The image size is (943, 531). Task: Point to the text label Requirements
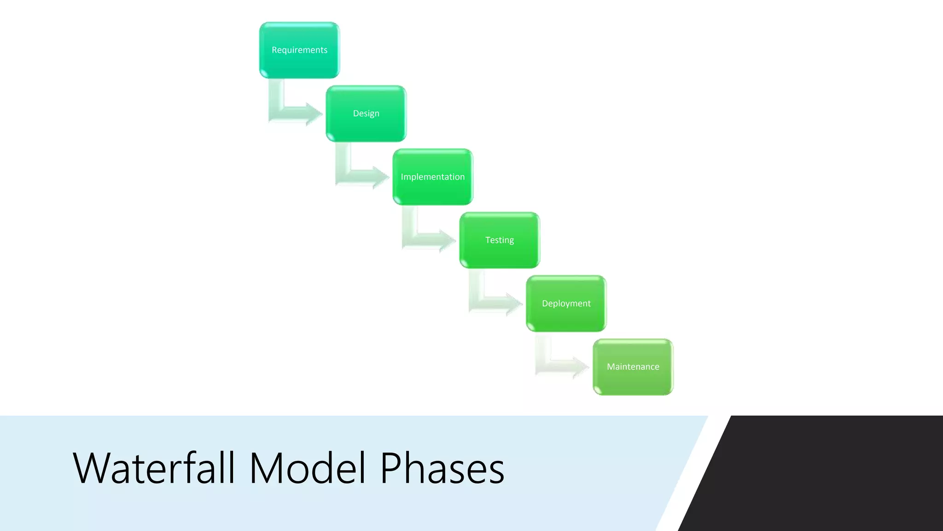(299, 50)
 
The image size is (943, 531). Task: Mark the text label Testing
(500, 240)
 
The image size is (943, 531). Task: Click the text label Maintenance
(633, 367)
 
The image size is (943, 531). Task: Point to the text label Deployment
(566, 303)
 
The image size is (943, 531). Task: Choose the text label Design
(366, 113)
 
